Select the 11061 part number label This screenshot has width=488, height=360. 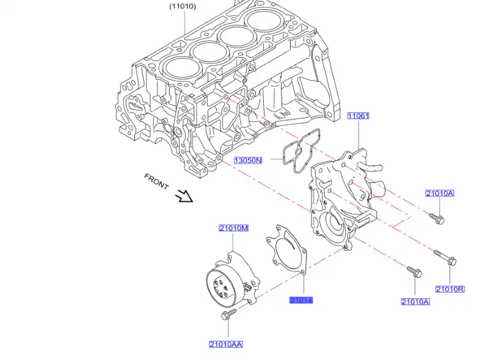pyautogui.click(x=359, y=115)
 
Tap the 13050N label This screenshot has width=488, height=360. pyautogui.click(x=248, y=160)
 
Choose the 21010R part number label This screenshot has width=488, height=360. pyautogui.click(x=450, y=289)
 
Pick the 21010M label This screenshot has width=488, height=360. pyautogui.click(x=234, y=228)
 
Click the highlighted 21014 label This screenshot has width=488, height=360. pyautogui.click(x=301, y=300)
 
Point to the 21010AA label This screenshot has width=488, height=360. pyautogui.click(x=225, y=344)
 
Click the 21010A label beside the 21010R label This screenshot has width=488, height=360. pyautogui.click(x=415, y=301)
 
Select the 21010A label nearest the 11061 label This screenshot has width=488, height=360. pyautogui.click(x=440, y=193)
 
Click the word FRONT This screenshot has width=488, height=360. pyautogui.click(x=156, y=181)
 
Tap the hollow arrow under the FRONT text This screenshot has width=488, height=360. pyautogui.click(x=183, y=196)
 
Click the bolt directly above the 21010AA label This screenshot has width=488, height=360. pyautogui.click(x=228, y=315)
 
